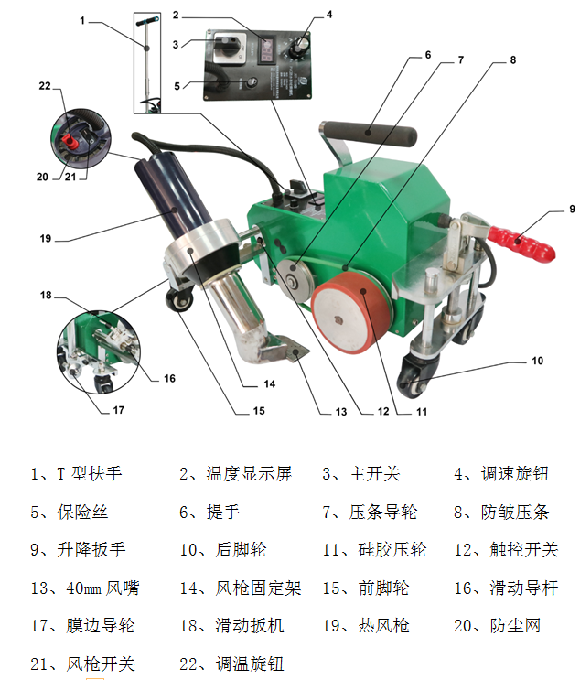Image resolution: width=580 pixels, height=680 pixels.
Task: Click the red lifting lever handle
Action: point(521,242)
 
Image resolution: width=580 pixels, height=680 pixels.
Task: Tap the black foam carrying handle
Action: point(369,134)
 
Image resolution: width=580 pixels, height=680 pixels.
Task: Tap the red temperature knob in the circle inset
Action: point(70,141)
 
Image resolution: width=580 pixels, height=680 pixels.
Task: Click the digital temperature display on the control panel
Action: point(267,50)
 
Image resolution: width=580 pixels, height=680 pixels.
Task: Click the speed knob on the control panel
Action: point(298,47)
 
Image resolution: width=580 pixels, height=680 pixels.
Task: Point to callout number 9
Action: point(572,209)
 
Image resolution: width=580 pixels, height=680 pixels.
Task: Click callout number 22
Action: point(45,86)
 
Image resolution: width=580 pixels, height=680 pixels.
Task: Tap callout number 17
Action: point(118,410)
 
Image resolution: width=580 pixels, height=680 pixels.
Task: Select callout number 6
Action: point(428,55)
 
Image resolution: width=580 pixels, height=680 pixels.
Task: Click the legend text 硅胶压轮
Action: point(392,550)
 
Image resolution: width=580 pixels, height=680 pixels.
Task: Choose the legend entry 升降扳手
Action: point(91,550)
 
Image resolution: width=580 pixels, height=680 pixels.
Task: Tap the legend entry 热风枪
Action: point(383,626)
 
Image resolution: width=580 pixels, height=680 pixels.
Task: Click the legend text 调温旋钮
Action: point(250,664)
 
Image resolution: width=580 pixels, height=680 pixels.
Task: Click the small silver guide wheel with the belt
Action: point(295,279)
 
